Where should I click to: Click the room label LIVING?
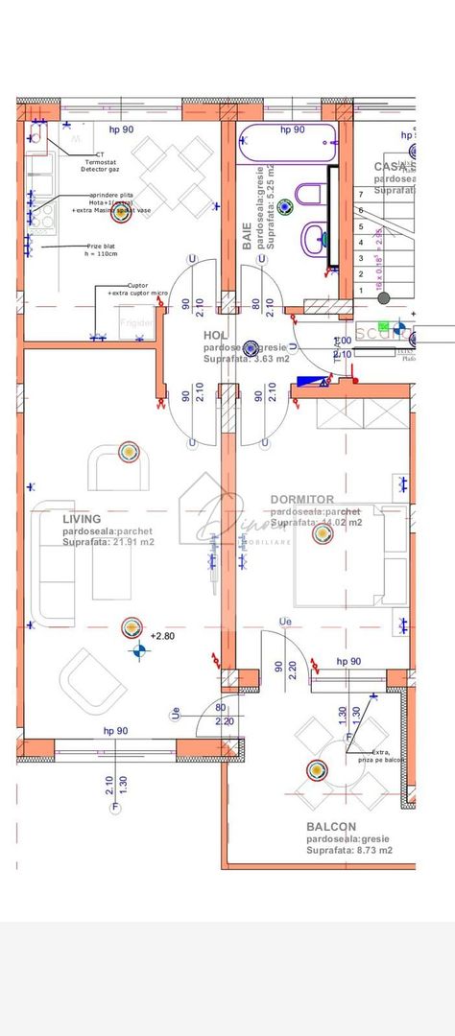(x=82, y=519)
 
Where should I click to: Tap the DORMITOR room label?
(x=302, y=500)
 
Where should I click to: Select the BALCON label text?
(x=331, y=827)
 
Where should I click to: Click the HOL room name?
(x=215, y=335)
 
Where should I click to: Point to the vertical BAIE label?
(x=247, y=234)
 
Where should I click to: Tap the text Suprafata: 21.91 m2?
(x=108, y=543)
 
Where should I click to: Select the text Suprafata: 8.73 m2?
(x=349, y=850)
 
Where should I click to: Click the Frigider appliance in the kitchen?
(x=136, y=323)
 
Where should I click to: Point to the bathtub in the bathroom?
(x=286, y=144)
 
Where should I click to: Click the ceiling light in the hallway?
(x=251, y=347)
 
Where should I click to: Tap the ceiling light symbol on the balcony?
(x=317, y=768)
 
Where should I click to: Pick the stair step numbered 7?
(x=360, y=195)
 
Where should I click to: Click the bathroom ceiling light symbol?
(x=256, y=205)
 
